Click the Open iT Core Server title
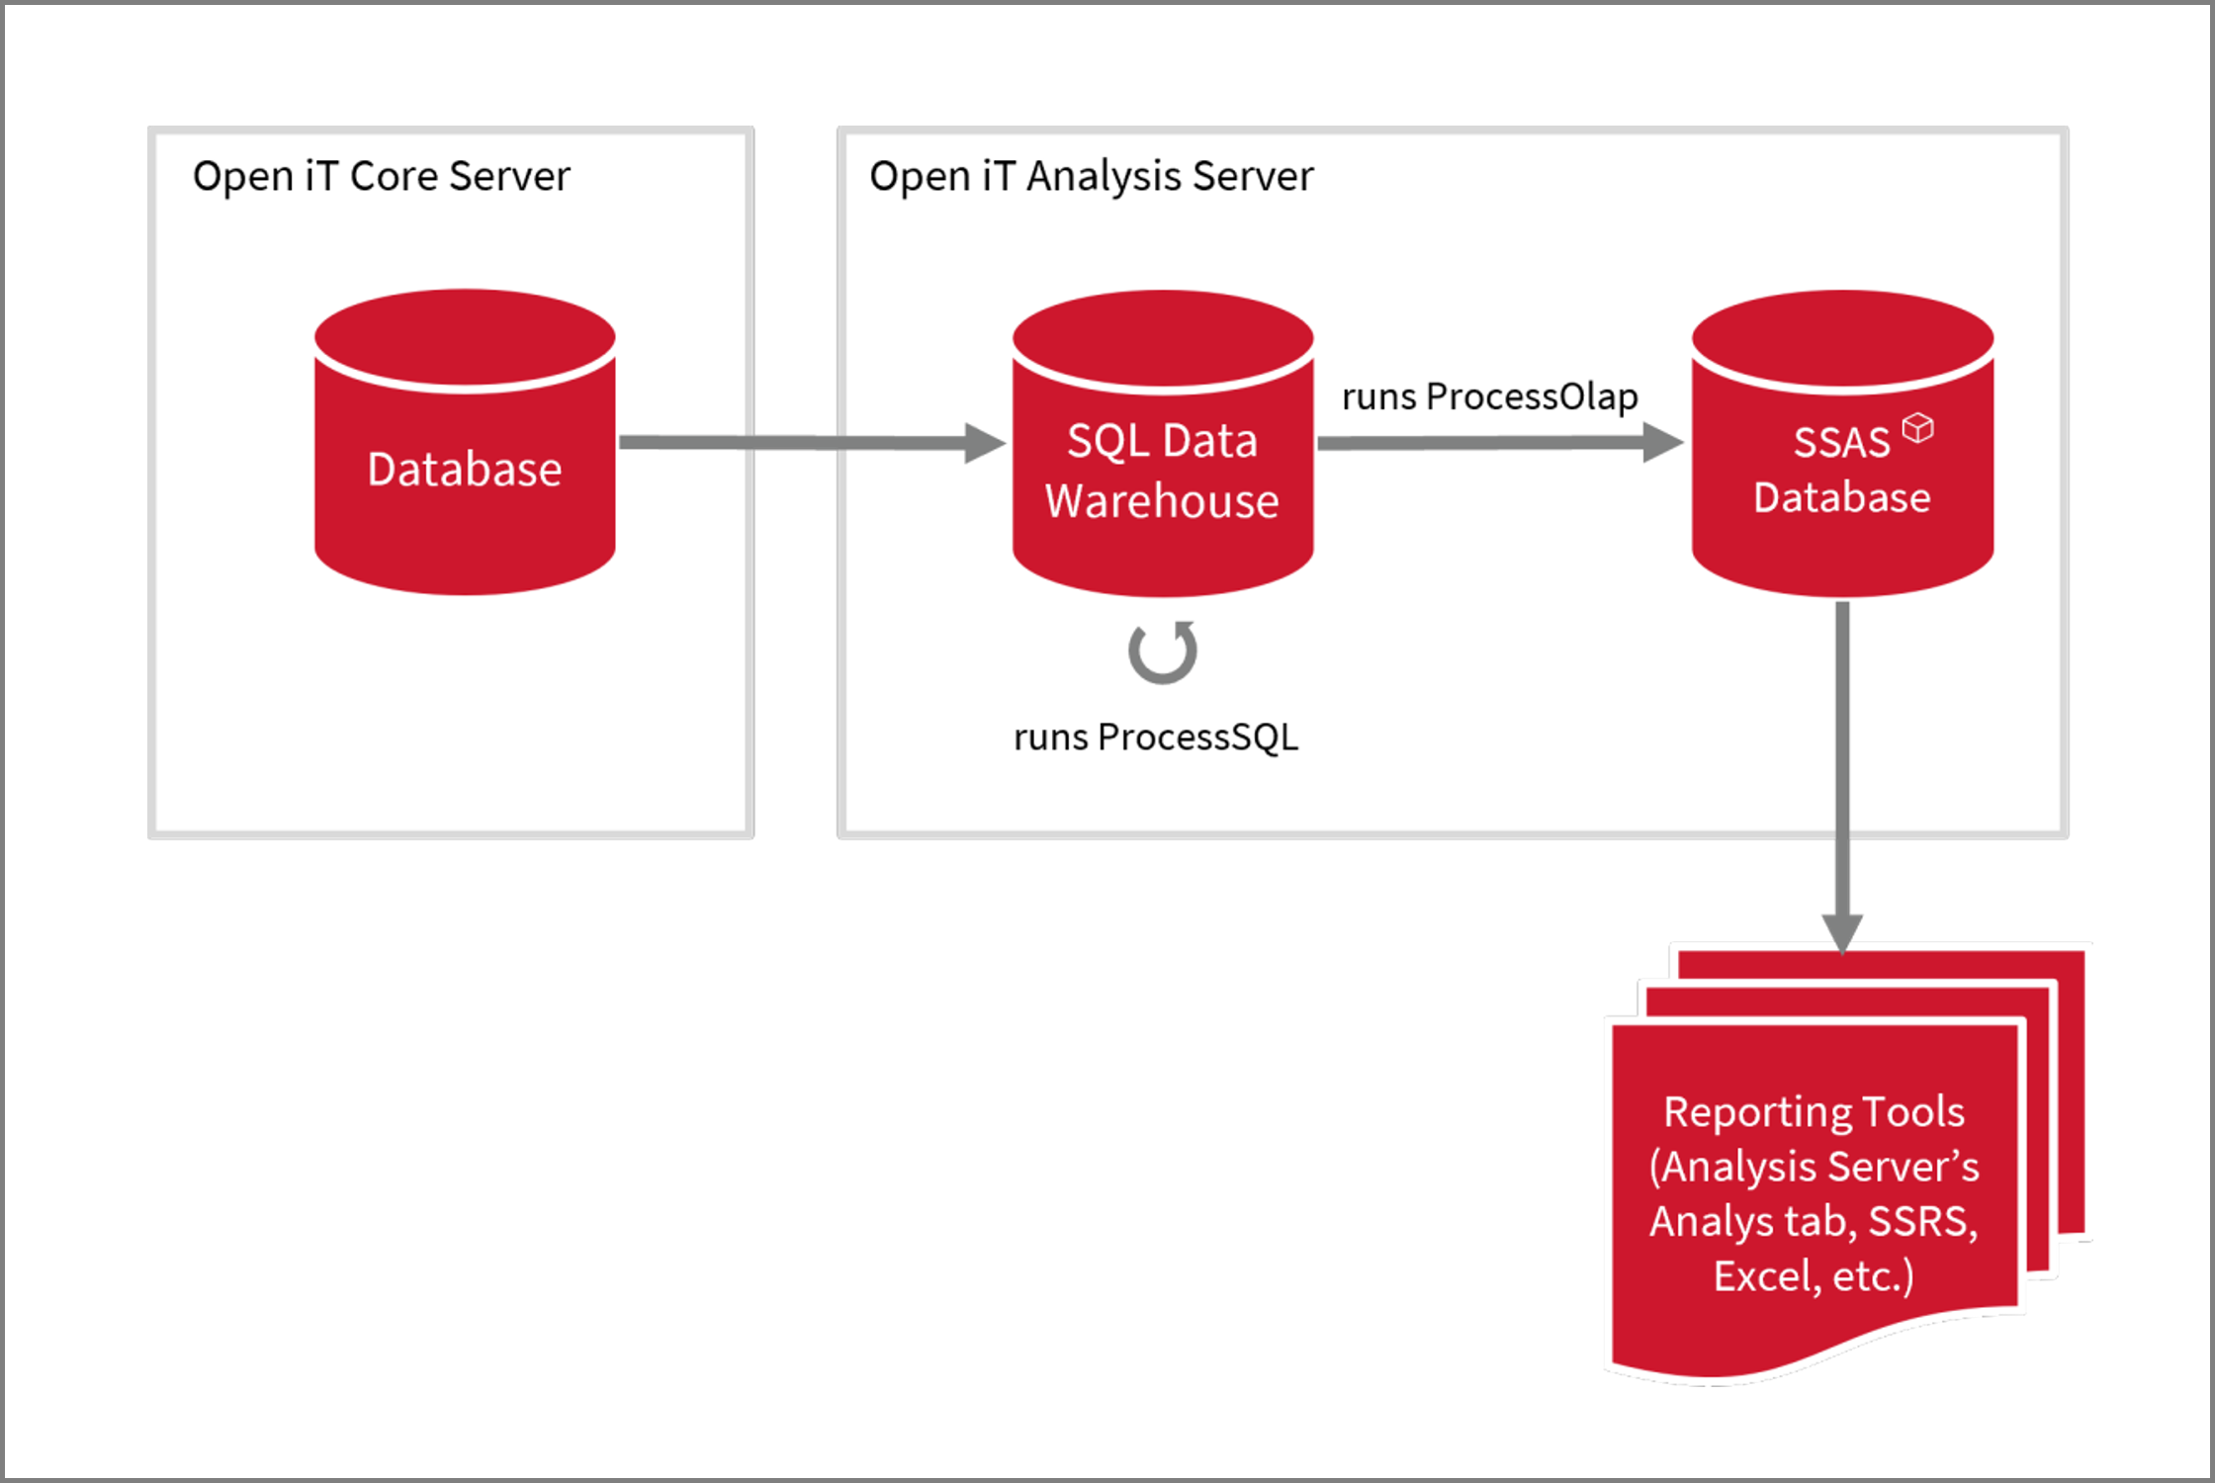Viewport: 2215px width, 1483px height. coord(381,177)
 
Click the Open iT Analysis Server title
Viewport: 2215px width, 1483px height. coord(1091,177)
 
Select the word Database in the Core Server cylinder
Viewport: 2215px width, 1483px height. coord(464,470)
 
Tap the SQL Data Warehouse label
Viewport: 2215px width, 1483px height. coord(1162,471)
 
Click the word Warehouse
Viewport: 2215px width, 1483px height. coord(1162,501)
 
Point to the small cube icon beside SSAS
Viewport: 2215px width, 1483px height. coord(1917,428)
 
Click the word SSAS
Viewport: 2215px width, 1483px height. coord(1841,443)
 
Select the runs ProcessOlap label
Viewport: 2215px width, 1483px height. coord(1489,396)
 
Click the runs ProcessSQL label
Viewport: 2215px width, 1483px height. coord(1155,738)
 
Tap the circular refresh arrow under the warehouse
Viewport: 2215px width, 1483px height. coord(1163,653)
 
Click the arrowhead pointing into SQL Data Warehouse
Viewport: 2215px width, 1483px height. coord(983,443)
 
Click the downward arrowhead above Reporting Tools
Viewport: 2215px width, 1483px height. coord(1842,931)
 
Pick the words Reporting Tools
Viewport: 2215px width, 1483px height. coord(1814,1112)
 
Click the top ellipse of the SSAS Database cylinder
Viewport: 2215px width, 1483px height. coord(1842,336)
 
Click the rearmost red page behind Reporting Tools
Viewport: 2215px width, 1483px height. coord(2071,1088)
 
